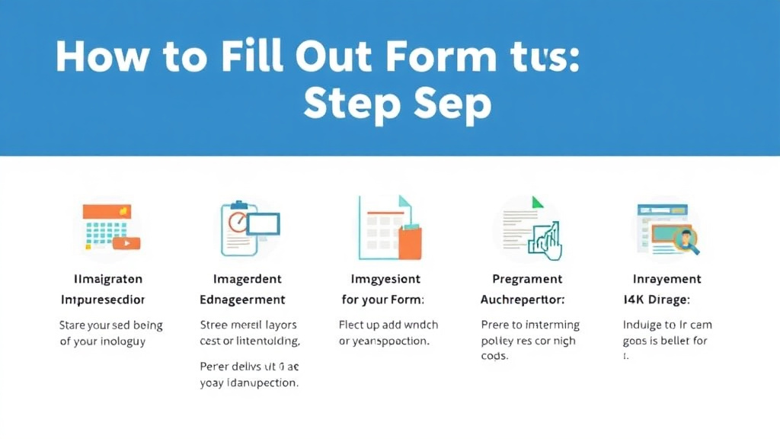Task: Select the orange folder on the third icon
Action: pyautogui.click(x=409, y=241)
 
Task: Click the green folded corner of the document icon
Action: pyautogui.click(x=537, y=203)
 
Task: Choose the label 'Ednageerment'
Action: pyautogui.click(x=242, y=300)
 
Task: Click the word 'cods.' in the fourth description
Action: pyautogui.click(x=494, y=356)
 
